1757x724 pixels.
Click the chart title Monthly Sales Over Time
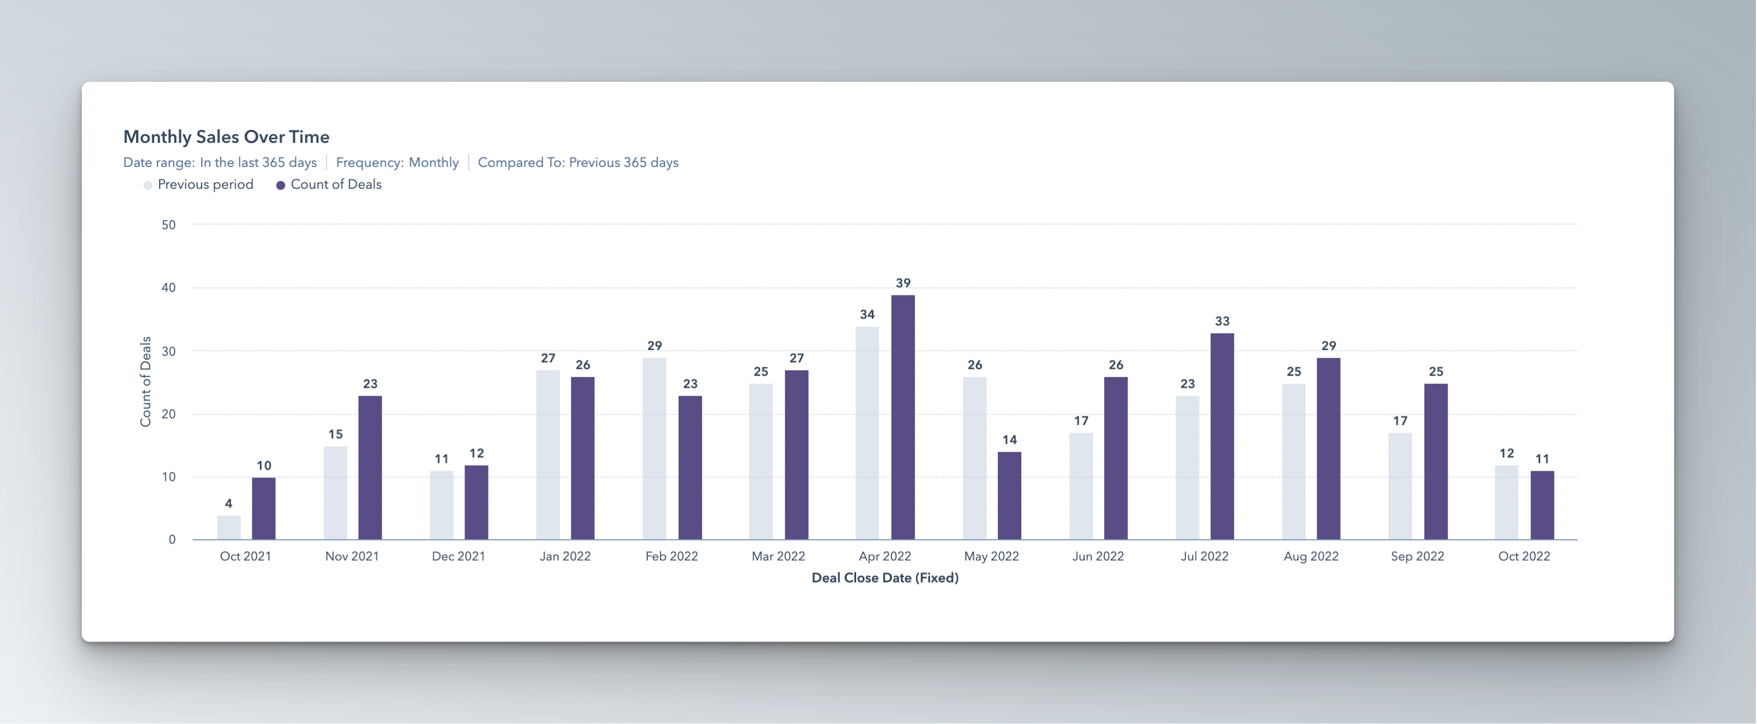tap(226, 137)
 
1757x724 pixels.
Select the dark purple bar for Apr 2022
tap(903, 417)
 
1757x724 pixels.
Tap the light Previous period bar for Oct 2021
tap(229, 527)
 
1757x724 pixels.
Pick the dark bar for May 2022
tap(1009, 495)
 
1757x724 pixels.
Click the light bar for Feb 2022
tap(654, 448)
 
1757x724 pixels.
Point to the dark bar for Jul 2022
tap(1221, 436)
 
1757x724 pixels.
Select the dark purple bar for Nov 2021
tap(370, 467)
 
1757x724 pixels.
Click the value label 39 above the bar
tap(903, 282)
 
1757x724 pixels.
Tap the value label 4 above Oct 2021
tap(229, 504)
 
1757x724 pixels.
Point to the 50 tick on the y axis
tap(169, 225)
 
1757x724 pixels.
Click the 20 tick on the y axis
tap(169, 414)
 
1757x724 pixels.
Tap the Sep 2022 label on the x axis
tap(1417, 556)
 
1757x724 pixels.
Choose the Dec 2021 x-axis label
tap(458, 556)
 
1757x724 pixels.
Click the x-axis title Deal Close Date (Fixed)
tap(885, 578)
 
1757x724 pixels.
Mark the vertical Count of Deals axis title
tap(145, 382)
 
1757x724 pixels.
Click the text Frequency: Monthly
tap(397, 163)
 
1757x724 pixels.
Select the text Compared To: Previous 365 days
tap(578, 163)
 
